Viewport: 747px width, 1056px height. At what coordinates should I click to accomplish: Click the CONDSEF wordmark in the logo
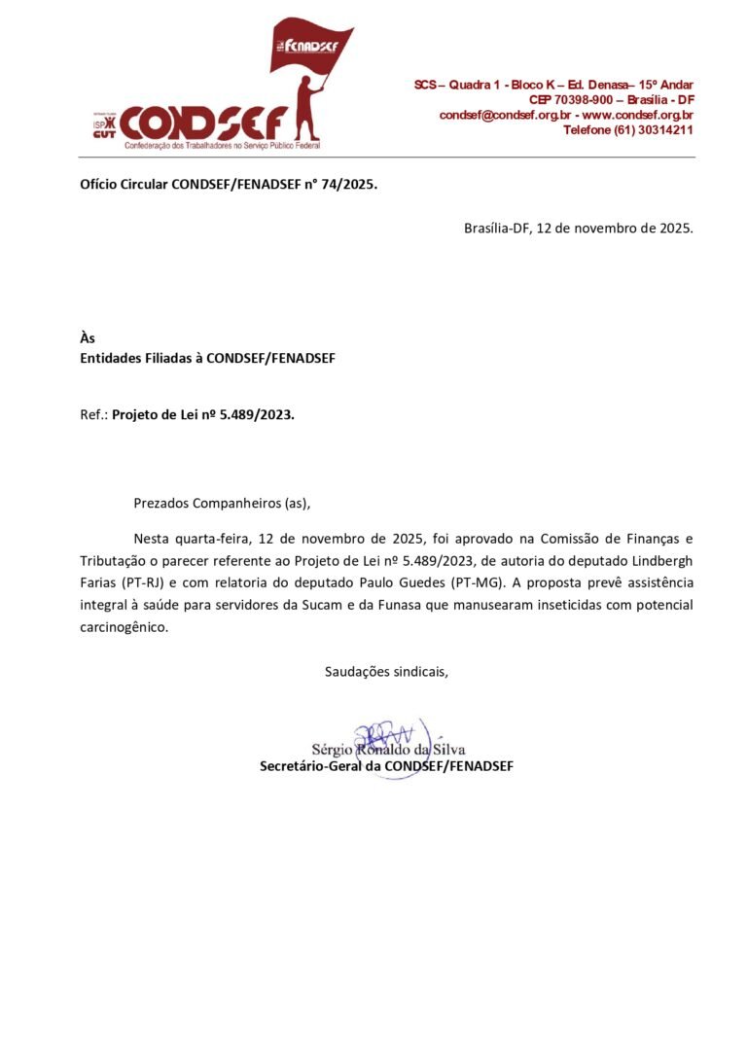204,123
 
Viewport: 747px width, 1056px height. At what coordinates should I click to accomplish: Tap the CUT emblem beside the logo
104,128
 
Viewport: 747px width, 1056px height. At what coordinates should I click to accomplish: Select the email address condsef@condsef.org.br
503,115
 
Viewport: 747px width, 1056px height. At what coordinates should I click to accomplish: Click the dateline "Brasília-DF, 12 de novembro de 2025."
579,229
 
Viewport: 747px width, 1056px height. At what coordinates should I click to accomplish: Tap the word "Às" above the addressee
88,338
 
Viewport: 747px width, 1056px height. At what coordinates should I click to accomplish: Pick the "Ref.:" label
93,414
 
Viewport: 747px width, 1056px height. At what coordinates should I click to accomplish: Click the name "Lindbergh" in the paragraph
657,560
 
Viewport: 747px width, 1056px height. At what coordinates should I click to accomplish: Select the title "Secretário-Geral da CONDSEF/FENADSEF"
386,766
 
